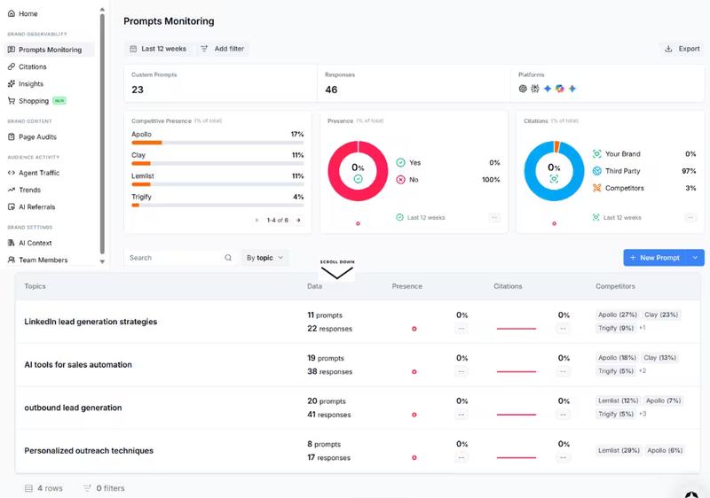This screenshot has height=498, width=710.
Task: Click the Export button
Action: (x=682, y=49)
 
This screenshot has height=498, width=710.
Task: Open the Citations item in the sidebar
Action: (x=32, y=66)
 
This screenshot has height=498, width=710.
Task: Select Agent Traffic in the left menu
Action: (x=38, y=173)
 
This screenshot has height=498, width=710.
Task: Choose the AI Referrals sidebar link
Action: (x=36, y=206)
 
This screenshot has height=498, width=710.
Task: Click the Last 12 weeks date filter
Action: (x=158, y=49)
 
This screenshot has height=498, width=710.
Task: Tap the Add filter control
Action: (x=223, y=49)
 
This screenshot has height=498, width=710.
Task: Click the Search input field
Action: (x=175, y=258)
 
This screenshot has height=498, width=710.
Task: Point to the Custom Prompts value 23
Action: (x=138, y=89)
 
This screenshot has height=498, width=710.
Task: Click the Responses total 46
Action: (x=331, y=89)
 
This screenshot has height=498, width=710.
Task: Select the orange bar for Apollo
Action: (x=146, y=142)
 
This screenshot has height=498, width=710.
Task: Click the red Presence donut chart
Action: (x=358, y=168)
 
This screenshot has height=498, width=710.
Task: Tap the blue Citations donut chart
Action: (x=554, y=168)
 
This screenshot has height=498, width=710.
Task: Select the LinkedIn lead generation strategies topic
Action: (x=91, y=322)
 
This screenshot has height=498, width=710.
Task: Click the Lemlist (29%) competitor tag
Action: (x=619, y=451)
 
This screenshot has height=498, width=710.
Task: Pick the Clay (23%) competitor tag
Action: (x=660, y=315)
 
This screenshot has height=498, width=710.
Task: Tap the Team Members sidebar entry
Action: (x=43, y=260)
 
